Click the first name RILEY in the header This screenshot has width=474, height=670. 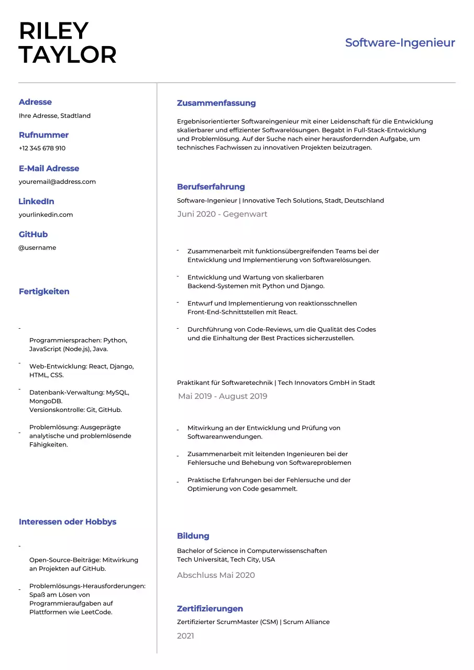53,31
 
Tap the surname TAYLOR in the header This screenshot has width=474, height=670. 68,55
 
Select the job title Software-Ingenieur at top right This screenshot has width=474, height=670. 400,43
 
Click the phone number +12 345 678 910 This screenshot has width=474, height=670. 42,148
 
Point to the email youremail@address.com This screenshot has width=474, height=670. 57,182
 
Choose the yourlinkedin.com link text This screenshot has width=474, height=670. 46,215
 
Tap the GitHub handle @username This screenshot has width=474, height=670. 38,248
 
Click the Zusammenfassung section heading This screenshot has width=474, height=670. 216,103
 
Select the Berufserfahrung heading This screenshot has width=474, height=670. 211,187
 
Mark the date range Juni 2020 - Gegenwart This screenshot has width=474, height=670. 222,214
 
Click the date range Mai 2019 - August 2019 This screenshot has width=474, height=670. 223,396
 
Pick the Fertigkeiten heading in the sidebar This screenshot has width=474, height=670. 44,292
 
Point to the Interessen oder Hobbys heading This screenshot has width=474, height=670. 68,522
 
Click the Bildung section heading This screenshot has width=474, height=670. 193,536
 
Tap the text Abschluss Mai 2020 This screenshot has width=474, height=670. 216,575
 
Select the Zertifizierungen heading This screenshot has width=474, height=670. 210,609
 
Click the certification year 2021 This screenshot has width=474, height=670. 185,636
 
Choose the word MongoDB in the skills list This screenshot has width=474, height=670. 45,401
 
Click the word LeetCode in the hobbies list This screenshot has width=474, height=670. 96,612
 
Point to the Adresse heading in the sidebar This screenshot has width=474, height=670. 35,102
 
